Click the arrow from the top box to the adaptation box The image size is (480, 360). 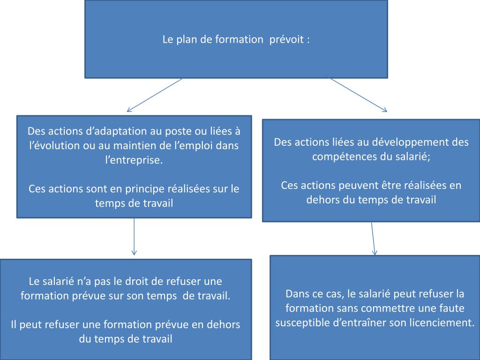[155, 95]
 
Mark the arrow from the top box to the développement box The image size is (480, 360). [359, 95]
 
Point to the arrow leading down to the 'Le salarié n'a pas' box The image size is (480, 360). [135, 237]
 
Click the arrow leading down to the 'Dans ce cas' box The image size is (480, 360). [373, 238]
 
